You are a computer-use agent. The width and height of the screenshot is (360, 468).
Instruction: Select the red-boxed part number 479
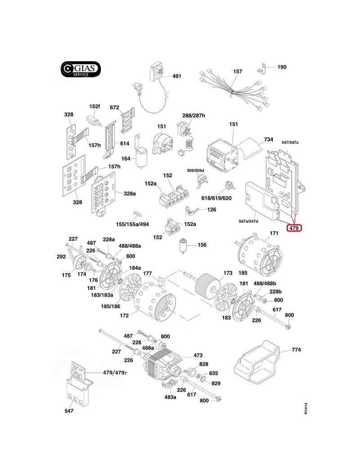294,228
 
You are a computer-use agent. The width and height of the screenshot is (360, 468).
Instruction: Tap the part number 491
176,76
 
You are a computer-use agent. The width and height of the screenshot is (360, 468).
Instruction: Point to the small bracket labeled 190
263,68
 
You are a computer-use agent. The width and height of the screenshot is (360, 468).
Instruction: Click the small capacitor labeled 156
183,246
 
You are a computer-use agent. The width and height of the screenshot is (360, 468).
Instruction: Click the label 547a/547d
255,221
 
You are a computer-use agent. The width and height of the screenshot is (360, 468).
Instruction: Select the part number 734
269,139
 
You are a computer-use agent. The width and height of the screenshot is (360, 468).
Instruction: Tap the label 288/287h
193,116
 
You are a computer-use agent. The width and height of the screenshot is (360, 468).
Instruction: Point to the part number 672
114,108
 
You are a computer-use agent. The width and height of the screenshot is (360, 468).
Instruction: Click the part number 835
213,373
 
